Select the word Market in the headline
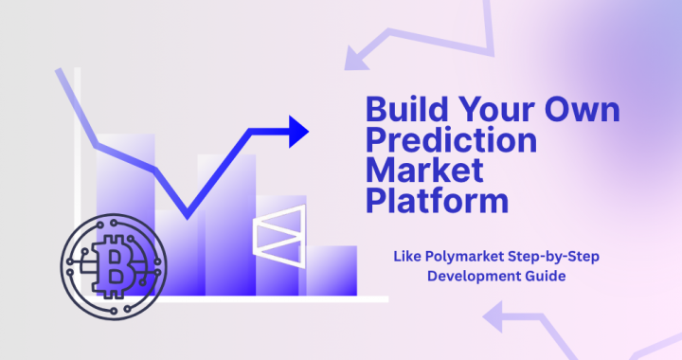tap(424, 171)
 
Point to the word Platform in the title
tap(437, 202)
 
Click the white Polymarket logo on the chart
tap(280, 234)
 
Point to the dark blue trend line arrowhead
tap(299, 131)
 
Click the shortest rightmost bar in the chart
tap(332, 270)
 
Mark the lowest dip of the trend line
tap(187, 215)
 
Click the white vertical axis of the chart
tap(79, 189)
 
